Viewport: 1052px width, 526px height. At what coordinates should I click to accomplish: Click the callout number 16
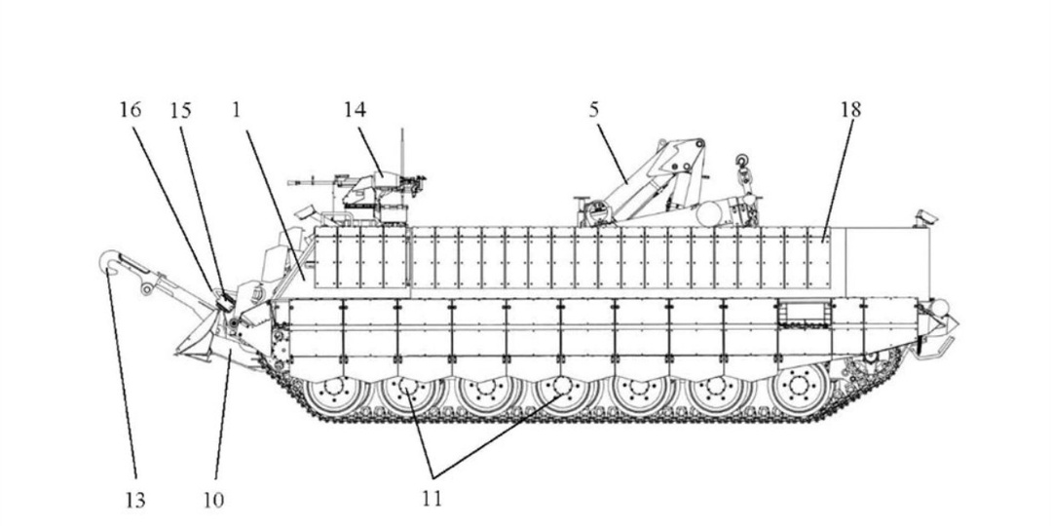pyautogui.click(x=131, y=110)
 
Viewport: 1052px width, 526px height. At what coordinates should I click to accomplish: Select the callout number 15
pyautogui.click(x=180, y=110)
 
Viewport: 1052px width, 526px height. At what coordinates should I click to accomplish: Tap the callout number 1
pyautogui.click(x=236, y=110)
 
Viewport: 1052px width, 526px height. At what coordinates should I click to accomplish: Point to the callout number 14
pyautogui.click(x=356, y=110)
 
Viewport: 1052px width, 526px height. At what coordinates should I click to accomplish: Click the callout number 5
pyautogui.click(x=594, y=110)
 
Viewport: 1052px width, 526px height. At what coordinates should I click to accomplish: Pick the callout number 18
pyautogui.click(x=850, y=110)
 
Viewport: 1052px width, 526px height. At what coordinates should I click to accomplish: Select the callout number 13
pyautogui.click(x=134, y=500)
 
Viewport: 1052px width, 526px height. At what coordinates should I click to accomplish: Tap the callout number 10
pyautogui.click(x=213, y=500)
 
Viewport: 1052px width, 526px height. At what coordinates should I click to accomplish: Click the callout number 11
pyautogui.click(x=432, y=499)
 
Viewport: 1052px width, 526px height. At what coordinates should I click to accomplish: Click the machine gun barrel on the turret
pyautogui.click(x=312, y=182)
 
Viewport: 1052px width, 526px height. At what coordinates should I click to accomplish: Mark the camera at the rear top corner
pyautogui.click(x=925, y=216)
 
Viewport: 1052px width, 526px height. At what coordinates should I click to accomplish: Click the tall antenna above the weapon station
pyautogui.click(x=402, y=153)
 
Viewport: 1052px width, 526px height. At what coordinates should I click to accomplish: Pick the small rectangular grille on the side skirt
pyautogui.click(x=803, y=313)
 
